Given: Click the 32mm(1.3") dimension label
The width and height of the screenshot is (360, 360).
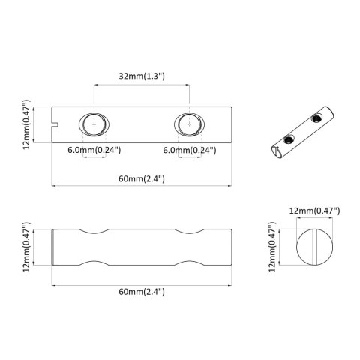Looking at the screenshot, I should [x=142, y=76].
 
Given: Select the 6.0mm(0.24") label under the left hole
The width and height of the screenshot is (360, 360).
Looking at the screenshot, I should [x=94, y=150].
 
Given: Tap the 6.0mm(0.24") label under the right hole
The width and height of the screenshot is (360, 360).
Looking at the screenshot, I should [x=191, y=150].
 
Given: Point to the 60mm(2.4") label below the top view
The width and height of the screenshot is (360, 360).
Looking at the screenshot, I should [x=142, y=178].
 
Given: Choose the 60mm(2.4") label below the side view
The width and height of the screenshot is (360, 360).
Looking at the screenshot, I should [x=142, y=290].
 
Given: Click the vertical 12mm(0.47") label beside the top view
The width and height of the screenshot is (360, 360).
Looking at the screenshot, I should [x=27, y=123].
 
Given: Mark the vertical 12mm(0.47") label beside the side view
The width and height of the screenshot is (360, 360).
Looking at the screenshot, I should [x=27, y=247].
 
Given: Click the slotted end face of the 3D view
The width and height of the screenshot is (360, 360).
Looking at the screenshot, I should [x=277, y=152].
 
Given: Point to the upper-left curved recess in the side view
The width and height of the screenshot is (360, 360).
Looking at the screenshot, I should [x=94, y=230].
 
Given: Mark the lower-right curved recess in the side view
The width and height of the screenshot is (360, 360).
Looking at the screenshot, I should [x=190, y=263].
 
